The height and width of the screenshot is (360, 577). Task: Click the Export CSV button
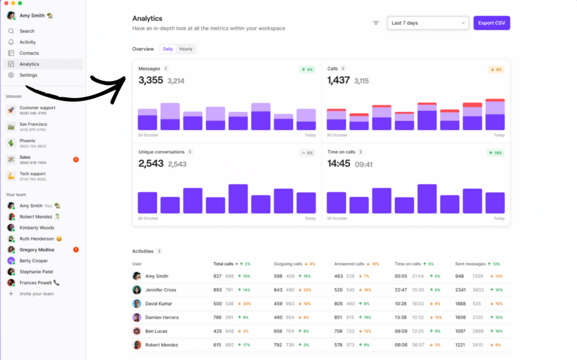(x=491, y=23)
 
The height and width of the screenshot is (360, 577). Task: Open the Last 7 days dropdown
(x=428, y=23)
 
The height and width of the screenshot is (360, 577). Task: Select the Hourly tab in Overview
(x=185, y=49)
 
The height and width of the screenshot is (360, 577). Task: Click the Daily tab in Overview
(x=168, y=49)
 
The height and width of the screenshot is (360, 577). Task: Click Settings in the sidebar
(x=28, y=75)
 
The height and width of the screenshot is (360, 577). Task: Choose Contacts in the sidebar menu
(x=29, y=53)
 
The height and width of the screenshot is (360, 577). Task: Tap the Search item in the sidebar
(x=27, y=31)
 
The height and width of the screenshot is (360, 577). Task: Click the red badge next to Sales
(x=76, y=159)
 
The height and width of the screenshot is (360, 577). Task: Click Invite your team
(x=36, y=294)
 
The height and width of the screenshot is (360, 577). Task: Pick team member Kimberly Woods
(x=37, y=228)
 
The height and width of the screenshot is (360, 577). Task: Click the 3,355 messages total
(x=150, y=81)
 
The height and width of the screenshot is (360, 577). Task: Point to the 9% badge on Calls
(x=496, y=70)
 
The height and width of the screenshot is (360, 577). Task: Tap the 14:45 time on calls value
(x=339, y=164)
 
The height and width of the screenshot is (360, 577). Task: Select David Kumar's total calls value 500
(x=218, y=304)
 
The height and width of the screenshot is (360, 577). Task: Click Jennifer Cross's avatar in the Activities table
(x=137, y=290)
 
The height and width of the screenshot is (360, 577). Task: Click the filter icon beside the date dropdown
(x=376, y=23)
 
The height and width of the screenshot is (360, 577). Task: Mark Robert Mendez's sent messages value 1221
(x=461, y=345)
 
